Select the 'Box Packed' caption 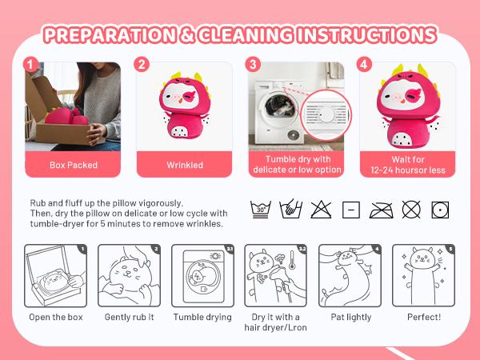point(74,165)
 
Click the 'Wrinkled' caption point(184,165)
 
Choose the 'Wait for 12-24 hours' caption point(404,164)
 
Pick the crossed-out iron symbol point(379,210)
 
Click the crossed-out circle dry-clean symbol point(410,210)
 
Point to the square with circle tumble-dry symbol point(439,210)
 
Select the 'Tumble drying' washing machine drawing point(202,275)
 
